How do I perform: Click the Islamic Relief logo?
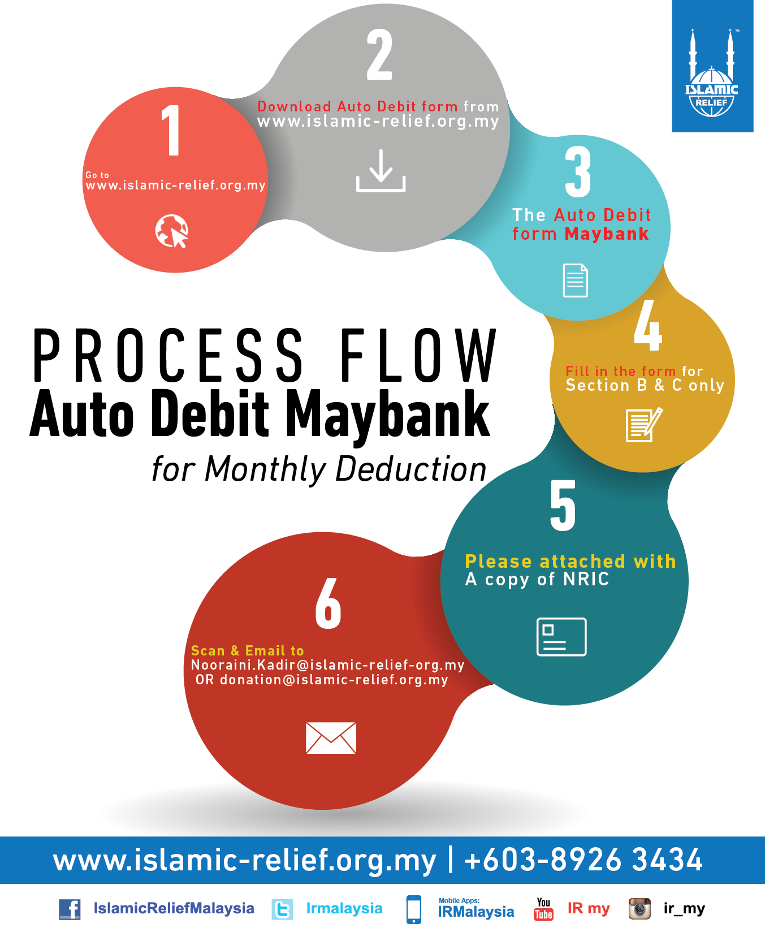[x=712, y=73]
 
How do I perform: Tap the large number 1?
[x=171, y=130]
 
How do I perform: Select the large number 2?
[x=379, y=55]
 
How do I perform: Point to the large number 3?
[x=578, y=172]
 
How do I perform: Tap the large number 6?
[x=328, y=603]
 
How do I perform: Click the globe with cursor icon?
[x=172, y=231]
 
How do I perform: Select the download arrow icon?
[x=381, y=170]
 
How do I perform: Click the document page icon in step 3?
[x=576, y=281]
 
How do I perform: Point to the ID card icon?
[x=561, y=637]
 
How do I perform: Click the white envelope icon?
[x=331, y=738]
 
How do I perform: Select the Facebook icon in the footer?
[x=70, y=909]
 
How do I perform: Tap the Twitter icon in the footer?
[x=282, y=909]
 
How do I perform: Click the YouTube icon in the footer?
[x=544, y=909]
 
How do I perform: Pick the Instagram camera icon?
[x=639, y=909]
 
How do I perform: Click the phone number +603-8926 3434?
[x=583, y=860]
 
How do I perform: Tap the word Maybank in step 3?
[x=607, y=234]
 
